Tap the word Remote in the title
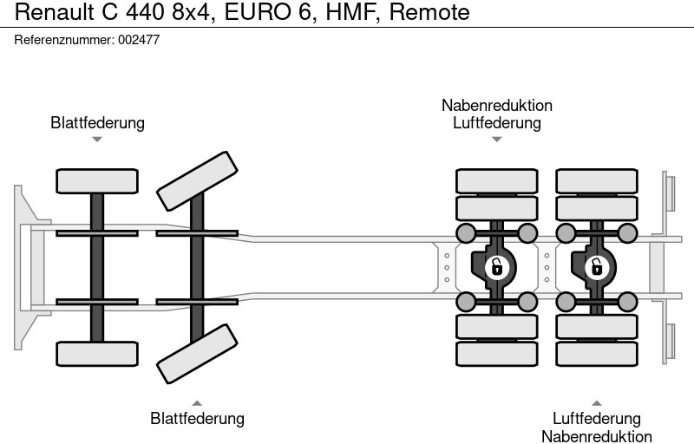(x=429, y=13)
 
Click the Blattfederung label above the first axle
(x=97, y=123)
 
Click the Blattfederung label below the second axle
(x=197, y=419)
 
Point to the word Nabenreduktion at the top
(x=496, y=106)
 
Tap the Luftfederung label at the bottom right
(x=597, y=419)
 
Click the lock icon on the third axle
(x=496, y=266)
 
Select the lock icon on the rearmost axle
(x=597, y=266)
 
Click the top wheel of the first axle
(x=97, y=181)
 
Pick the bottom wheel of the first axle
(x=97, y=353)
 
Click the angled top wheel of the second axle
(x=198, y=180)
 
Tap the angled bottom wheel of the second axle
(x=198, y=354)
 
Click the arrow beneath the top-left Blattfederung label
(x=97, y=139)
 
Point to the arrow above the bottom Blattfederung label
(x=197, y=402)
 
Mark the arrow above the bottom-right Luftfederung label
(x=597, y=402)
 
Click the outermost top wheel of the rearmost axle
(x=597, y=180)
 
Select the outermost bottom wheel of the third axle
(x=496, y=354)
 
